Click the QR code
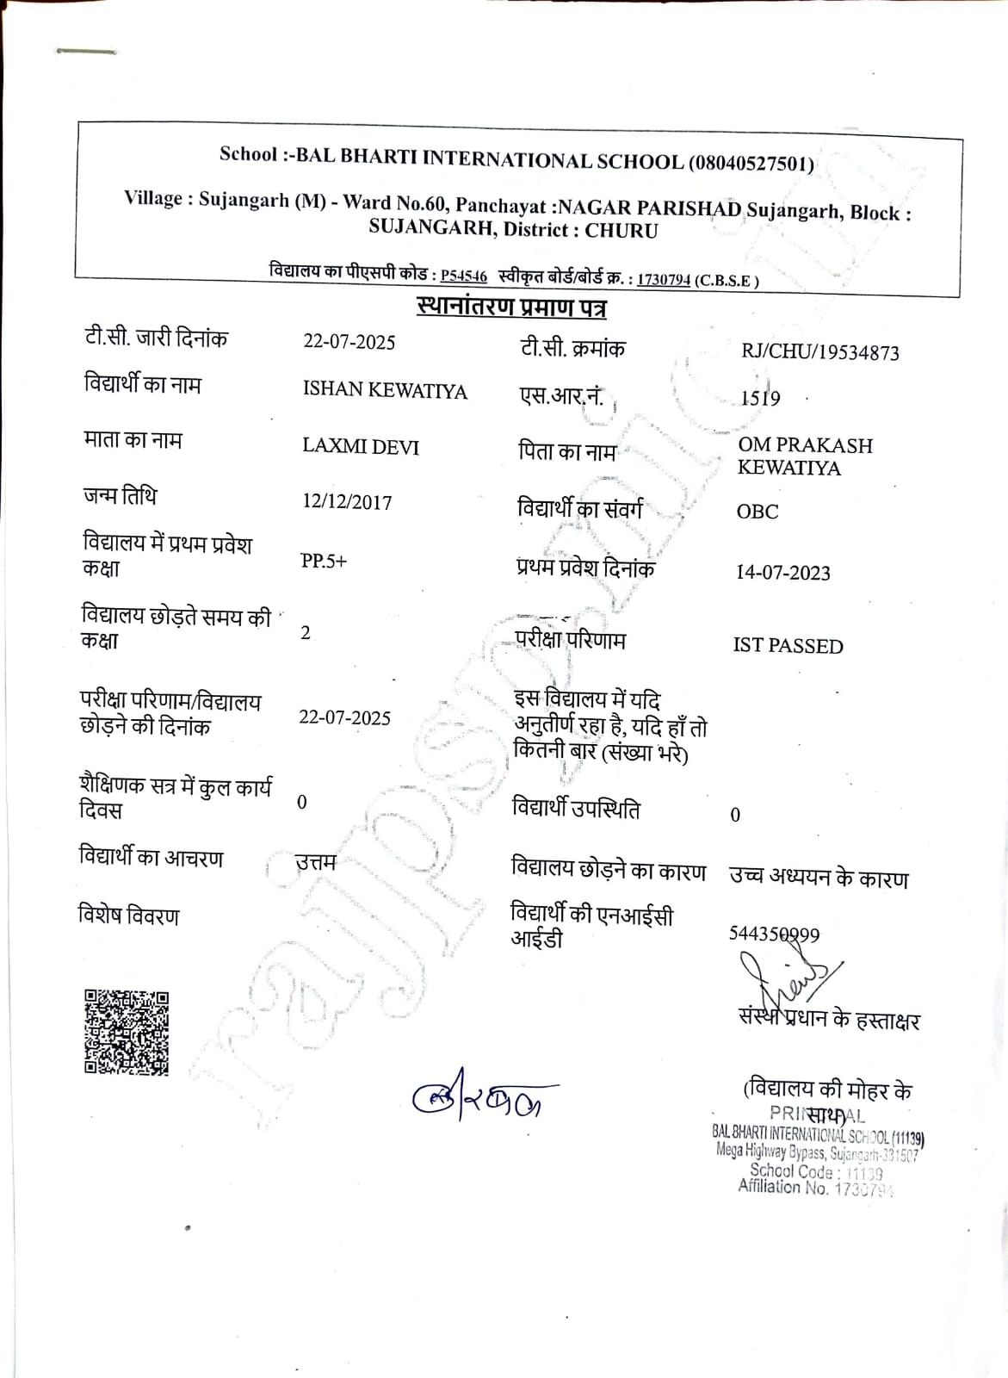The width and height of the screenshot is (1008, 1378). (127, 1033)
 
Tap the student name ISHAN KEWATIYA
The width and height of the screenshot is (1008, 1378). (385, 390)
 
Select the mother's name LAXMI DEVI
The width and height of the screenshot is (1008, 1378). (361, 447)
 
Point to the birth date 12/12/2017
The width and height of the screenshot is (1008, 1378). (347, 502)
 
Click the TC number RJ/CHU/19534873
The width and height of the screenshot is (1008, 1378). (819, 352)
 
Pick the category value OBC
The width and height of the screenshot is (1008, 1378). (758, 512)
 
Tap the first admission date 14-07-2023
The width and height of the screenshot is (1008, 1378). (783, 573)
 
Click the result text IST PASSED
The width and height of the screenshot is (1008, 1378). (788, 646)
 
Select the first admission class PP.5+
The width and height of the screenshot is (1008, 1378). (324, 561)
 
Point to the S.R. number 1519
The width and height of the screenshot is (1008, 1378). (761, 398)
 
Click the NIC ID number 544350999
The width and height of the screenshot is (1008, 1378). (774, 934)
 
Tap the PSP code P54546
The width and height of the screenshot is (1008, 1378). (464, 276)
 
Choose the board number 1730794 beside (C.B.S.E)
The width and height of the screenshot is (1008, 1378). (664, 280)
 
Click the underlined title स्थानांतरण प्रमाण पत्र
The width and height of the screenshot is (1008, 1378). (511, 307)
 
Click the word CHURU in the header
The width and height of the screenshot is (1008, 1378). (621, 231)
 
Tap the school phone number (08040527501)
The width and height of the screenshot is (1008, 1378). (751, 164)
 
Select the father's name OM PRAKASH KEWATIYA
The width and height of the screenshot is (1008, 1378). (805, 456)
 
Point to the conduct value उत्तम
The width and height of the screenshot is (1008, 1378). (315, 861)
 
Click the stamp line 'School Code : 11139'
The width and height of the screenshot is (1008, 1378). (816, 1171)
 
